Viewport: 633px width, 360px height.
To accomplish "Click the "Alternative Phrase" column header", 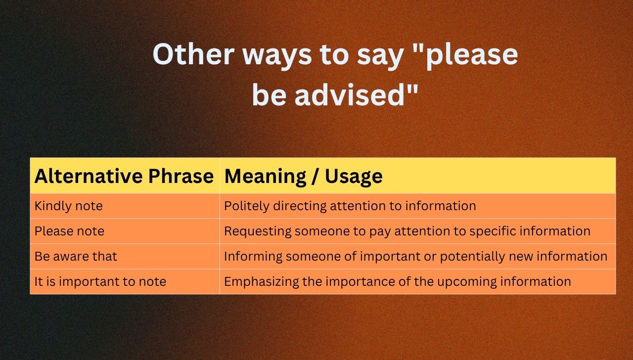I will pyautogui.click(x=124, y=176).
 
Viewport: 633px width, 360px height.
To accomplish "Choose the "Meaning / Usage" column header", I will pyautogui.click(x=303, y=176).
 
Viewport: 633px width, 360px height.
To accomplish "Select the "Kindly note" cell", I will pyautogui.click(x=68, y=206).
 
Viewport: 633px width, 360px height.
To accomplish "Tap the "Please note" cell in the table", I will pyautogui.click(x=69, y=231).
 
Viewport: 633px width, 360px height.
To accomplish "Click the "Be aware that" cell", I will pyautogui.click(x=76, y=256).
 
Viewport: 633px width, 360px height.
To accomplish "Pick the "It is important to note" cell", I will pyautogui.click(x=100, y=281).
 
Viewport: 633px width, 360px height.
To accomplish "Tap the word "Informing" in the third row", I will pyautogui.click(x=252, y=256).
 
